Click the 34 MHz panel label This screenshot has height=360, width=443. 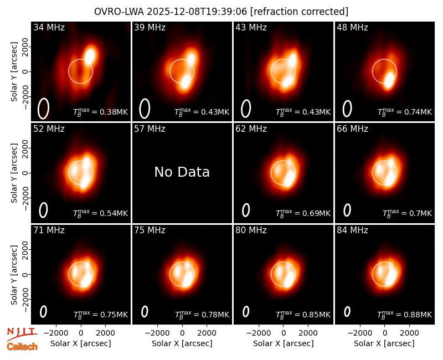(x=49, y=27)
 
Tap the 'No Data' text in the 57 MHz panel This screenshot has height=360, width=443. (x=182, y=172)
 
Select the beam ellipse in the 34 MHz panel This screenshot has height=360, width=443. (x=43, y=109)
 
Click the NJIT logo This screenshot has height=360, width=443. (x=22, y=335)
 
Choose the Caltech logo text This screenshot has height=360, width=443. (x=22, y=347)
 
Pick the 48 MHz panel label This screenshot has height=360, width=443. (x=352, y=27)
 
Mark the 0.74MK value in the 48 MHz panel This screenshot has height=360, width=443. (x=418, y=112)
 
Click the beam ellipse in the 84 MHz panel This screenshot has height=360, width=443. (x=347, y=311)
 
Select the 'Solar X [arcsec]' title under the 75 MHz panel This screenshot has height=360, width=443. (x=182, y=343)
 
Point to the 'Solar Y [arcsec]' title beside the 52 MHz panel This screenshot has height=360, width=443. (x=14, y=173)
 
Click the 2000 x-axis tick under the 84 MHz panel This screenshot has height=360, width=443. (x=409, y=333)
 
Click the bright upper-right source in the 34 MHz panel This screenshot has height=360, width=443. (x=90, y=55)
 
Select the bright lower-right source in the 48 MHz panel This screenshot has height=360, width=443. (x=389, y=80)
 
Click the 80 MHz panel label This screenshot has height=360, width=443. (x=251, y=230)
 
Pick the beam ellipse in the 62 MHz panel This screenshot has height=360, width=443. (x=246, y=210)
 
